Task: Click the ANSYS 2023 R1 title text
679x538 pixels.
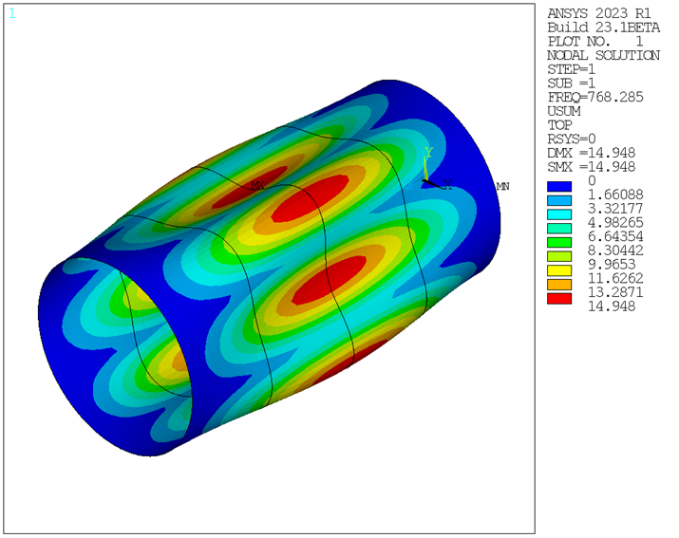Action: tap(599, 13)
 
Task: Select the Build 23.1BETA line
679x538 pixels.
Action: tap(603, 28)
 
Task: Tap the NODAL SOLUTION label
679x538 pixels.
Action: tap(603, 55)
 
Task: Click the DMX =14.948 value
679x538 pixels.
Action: tap(592, 152)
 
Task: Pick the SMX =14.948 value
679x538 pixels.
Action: tap(592, 166)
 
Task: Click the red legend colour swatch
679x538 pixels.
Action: tap(560, 299)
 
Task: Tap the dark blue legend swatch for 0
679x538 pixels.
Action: tap(560, 180)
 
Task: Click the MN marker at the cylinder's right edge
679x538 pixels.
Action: tap(502, 187)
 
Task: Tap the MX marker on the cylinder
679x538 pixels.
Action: tap(256, 185)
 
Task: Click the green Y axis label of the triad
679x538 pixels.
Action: tap(429, 152)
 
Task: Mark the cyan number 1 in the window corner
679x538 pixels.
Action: tap(11, 13)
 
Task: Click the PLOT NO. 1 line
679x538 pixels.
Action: tap(595, 42)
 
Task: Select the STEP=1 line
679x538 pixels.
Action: tap(573, 69)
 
